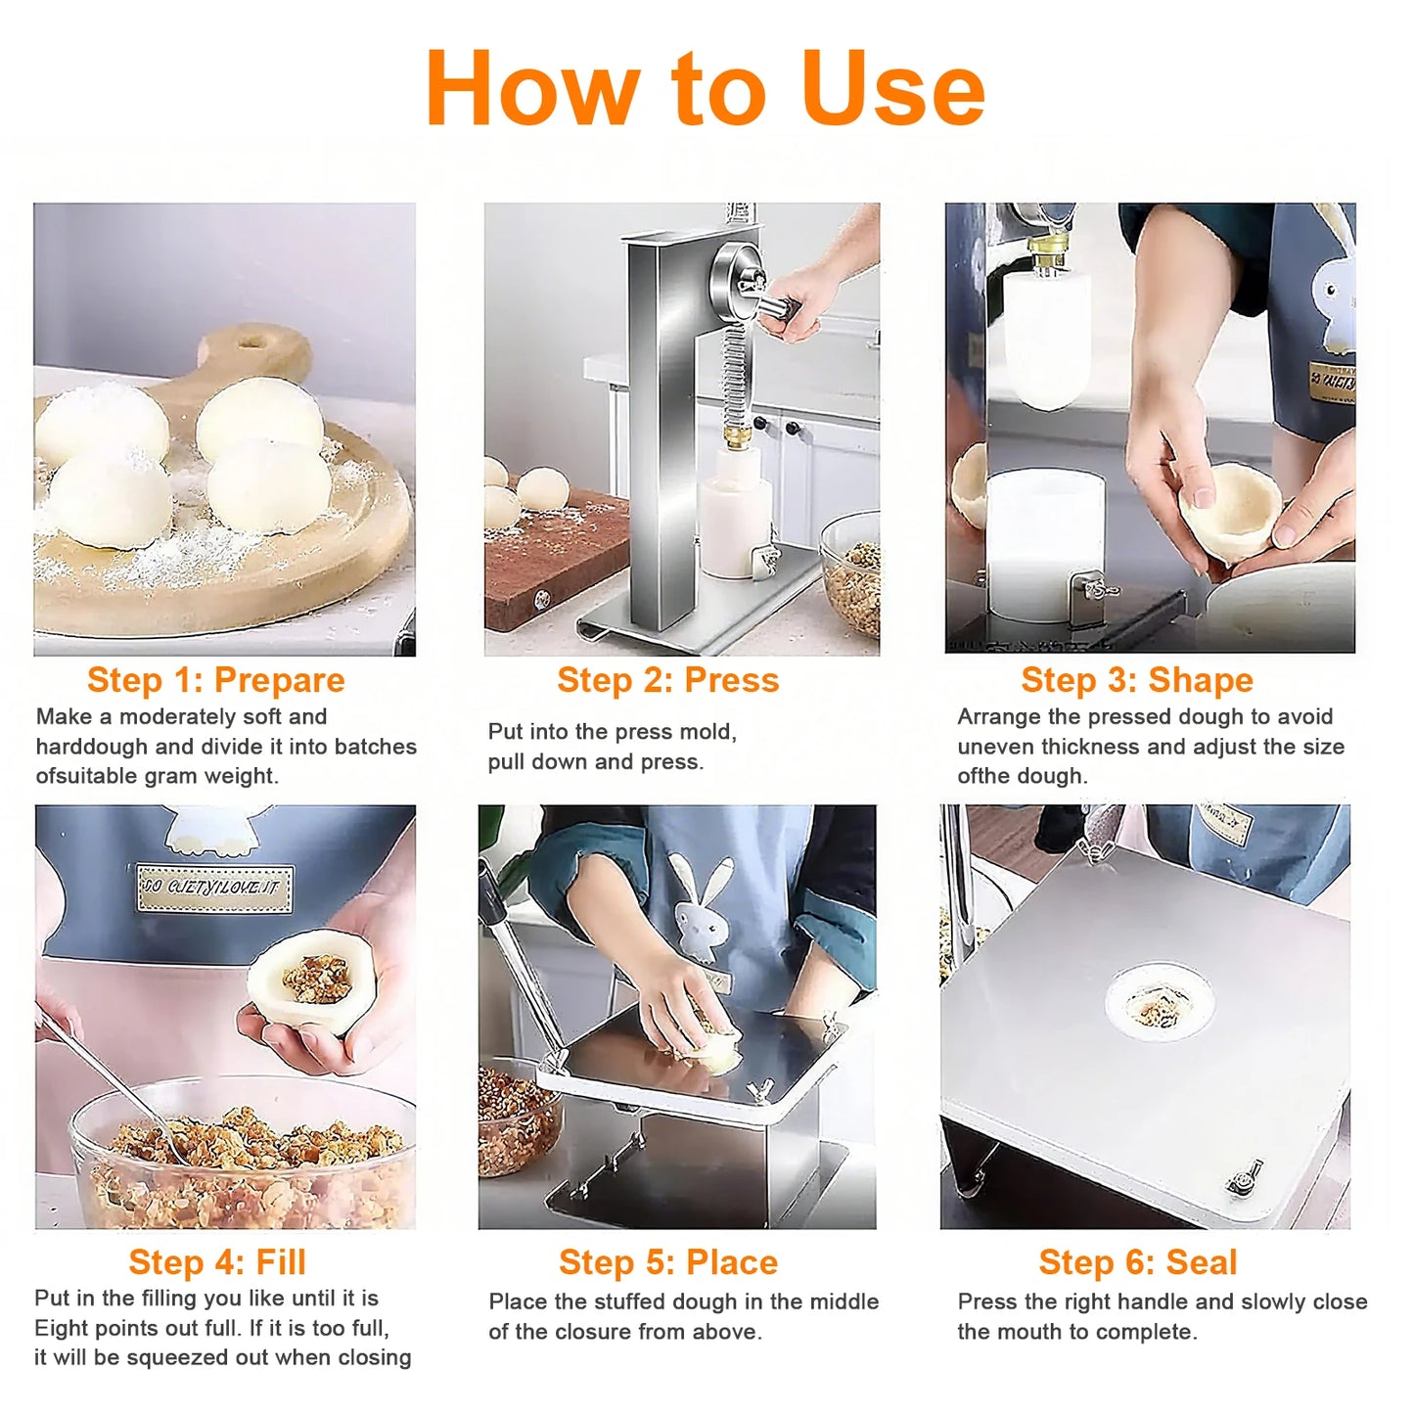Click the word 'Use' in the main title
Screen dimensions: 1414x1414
[x=892, y=90]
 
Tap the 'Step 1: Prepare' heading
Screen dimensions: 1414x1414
[x=215, y=680]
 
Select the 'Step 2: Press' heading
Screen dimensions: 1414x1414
[x=668, y=680]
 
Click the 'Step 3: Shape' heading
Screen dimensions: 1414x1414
[x=1137, y=680]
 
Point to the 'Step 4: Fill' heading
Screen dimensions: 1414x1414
[x=217, y=1262]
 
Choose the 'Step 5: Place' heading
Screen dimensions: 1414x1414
[x=668, y=1262]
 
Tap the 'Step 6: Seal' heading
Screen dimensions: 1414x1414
[x=1138, y=1262]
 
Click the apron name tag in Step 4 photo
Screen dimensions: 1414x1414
[x=214, y=888]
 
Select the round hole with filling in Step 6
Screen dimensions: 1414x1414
[x=1160, y=1004]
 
